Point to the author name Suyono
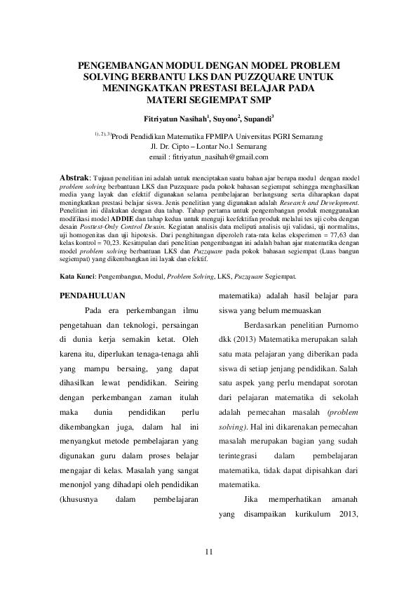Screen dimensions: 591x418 click(x=228, y=120)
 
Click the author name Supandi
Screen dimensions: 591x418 click(x=259, y=120)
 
